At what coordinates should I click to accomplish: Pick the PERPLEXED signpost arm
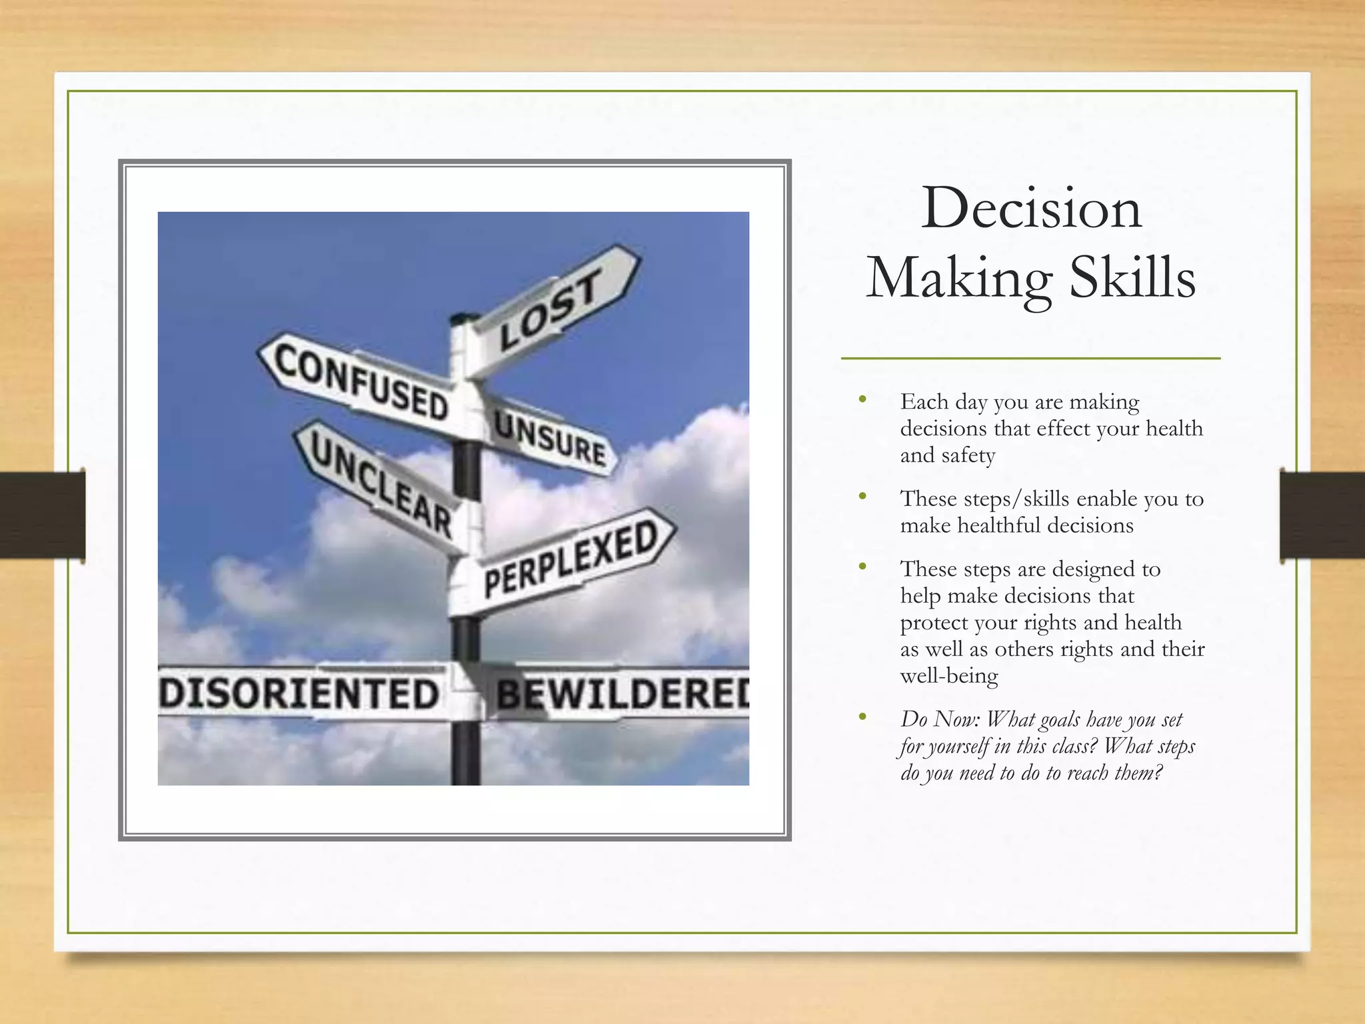point(571,560)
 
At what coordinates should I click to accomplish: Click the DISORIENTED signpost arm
point(300,693)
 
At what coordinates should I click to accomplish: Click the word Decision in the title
point(1031,209)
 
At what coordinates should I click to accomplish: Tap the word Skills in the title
point(1132,279)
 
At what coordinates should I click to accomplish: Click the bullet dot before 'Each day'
point(863,400)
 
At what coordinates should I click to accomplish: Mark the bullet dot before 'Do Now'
point(863,717)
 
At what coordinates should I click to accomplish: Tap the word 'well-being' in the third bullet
point(949,676)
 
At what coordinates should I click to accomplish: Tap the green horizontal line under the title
point(1030,359)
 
